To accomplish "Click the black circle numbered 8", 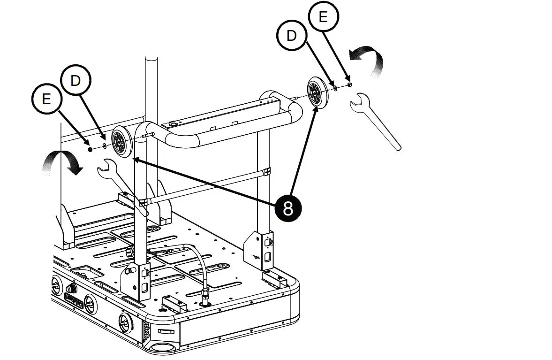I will (x=288, y=207).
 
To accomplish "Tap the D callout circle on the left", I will (x=76, y=81).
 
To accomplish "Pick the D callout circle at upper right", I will (x=292, y=36).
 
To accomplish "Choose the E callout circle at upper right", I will (x=323, y=17).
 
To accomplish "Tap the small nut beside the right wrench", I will (x=349, y=84).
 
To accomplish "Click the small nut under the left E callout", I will (x=90, y=149).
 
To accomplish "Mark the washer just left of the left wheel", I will (x=104, y=146).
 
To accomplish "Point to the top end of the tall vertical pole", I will (x=151, y=60).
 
